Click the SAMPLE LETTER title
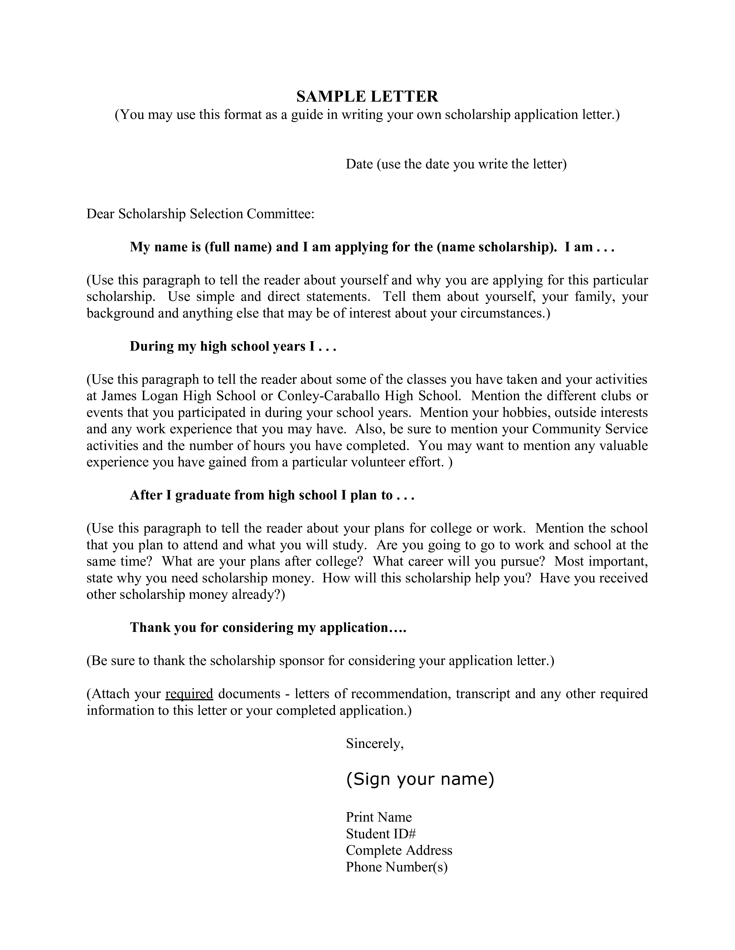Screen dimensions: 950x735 tap(367, 96)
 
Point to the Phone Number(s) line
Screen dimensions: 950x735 tap(397, 867)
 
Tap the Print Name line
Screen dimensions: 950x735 tap(379, 817)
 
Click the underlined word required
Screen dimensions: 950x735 tap(189, 693)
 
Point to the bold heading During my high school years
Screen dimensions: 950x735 tap(233, 346)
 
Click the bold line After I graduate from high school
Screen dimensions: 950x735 tap(272, 495)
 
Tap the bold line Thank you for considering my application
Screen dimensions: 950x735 tap(268, 628)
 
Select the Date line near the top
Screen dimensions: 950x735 tap(456, 164)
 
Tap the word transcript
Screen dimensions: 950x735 tap(483, 693)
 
